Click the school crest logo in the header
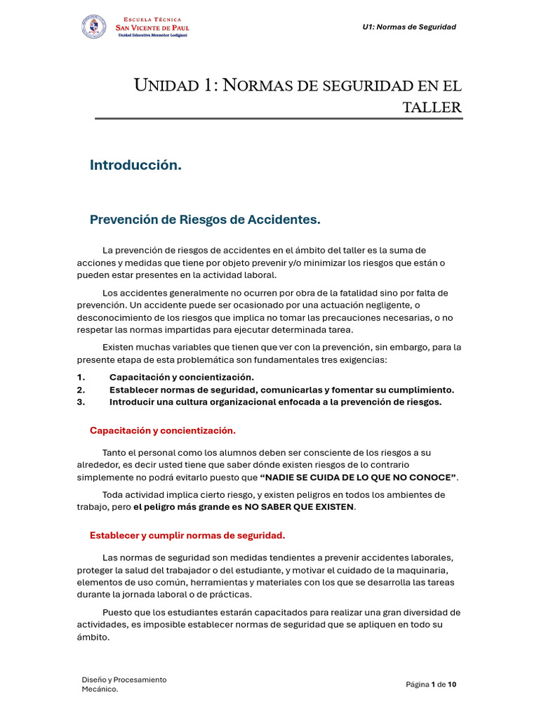point(95,27)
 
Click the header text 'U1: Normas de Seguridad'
point(409,27)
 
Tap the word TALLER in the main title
point(432,107)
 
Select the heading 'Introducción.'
point(135,165)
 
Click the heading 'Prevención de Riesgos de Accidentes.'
point(205,220)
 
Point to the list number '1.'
point(81,377)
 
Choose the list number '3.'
point(81,402)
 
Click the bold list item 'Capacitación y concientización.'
point(181,377)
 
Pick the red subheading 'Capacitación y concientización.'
point(163,430)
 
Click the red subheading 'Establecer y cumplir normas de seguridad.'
point(187,536)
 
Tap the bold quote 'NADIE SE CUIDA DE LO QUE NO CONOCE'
point(358,477)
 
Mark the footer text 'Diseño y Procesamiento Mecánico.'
point(124,684)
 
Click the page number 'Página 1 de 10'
point(431,685)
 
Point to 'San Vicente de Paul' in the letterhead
point(152,27)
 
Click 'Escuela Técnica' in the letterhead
point(152,20)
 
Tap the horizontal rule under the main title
point(279,119)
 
